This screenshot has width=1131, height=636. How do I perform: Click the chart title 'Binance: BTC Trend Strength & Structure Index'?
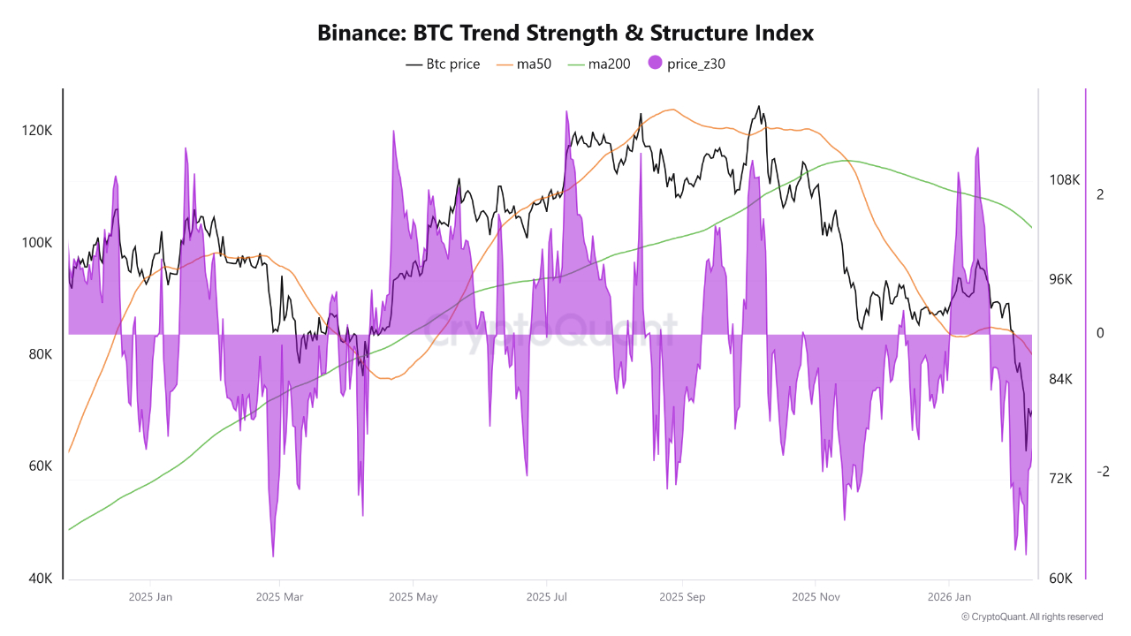tap(565, 33)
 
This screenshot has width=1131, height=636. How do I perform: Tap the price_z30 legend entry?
tap(687, 64)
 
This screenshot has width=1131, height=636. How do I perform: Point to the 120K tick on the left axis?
tap(37, 130)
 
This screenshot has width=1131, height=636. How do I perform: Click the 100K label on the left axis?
tap(37, 242)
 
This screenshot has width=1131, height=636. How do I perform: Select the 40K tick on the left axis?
tap(41, 579)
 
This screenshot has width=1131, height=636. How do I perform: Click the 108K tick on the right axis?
tap(1064, 179)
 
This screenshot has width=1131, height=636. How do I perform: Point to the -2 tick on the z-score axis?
tap(1102, 472)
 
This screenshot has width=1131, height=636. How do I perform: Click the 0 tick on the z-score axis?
tap(1100, 333)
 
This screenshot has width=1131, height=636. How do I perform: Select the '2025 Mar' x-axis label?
tap(279, 597)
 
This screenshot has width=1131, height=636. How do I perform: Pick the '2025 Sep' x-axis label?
tap(682, 597)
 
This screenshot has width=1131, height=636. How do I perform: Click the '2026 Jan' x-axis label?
tap(950, 597)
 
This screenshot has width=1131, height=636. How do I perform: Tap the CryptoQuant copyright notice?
tap(1032, 617)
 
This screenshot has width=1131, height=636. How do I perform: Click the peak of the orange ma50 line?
tap(673, 110)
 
